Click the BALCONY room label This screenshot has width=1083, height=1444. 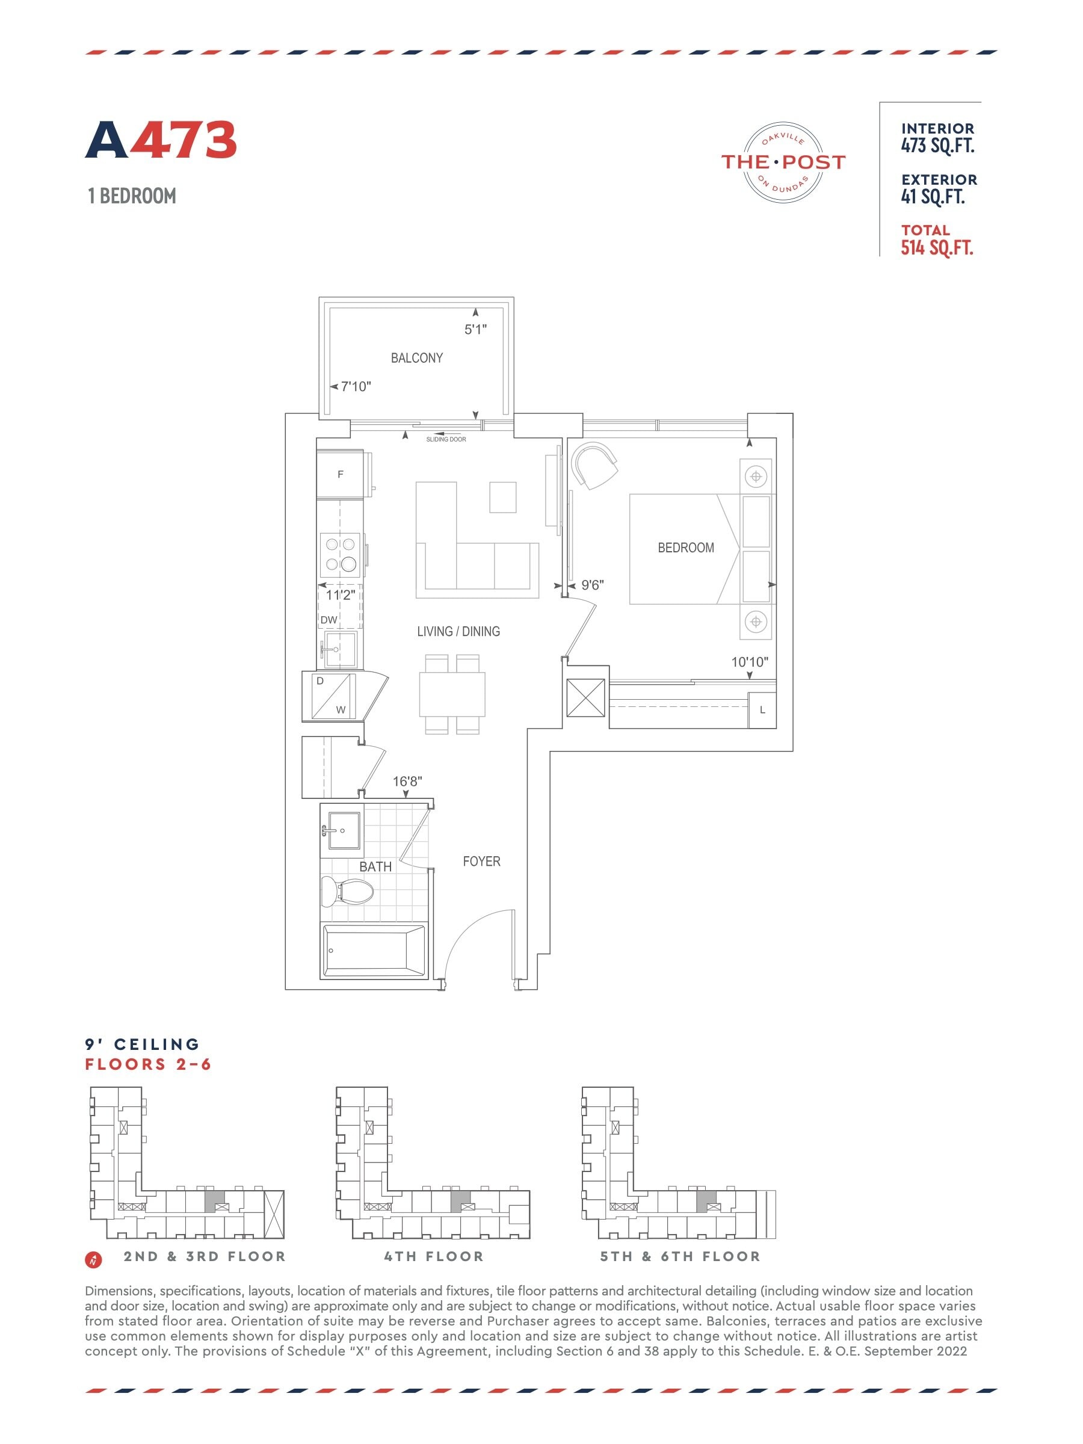pos(416,358)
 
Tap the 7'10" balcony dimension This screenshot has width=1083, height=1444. pos(356,386)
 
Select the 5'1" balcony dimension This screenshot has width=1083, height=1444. pos(475,330)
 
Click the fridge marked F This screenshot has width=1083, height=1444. pos(339,475)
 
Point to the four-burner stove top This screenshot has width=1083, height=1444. pos(340,554)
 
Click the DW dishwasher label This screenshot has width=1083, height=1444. pos(329,620)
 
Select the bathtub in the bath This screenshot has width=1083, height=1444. pos(374,951)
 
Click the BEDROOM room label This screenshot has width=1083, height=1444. pos(685,548)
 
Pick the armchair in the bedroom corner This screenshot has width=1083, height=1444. pos(594,465)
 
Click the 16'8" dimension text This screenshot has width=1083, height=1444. pos(407,781)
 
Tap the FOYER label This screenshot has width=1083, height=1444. pos(482,862)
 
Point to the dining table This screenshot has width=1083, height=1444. pos(452,694)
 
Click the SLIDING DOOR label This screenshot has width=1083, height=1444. pos(446,439)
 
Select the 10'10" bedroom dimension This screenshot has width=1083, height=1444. pos(750,662)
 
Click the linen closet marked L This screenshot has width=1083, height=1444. pos(762,709)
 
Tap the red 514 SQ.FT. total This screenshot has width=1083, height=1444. pos(937,248)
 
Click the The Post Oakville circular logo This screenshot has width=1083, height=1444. pos(783,162)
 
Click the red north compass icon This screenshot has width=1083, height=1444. pos(93,1259)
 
